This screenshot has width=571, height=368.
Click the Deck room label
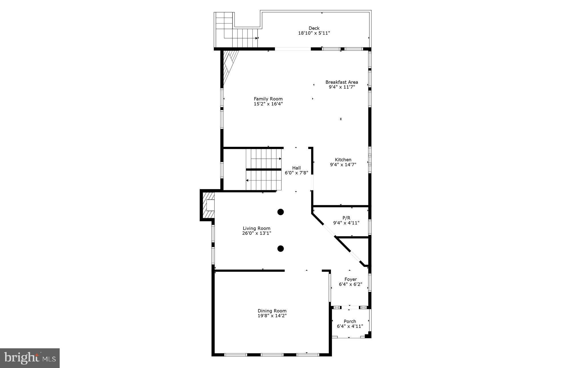314,28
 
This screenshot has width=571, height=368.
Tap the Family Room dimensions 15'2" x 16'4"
268,104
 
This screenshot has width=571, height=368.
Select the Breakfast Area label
341,82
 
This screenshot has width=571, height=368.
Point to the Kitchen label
343,160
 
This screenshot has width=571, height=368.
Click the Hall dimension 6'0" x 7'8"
296,173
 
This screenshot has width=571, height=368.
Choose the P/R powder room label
346,218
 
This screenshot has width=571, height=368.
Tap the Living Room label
256,228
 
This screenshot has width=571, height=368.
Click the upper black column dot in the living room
281,212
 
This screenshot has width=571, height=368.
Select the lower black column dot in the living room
281,249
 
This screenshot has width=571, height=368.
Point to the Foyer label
350,279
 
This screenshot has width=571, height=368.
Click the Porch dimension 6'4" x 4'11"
350,326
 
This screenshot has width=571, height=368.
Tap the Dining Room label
272,311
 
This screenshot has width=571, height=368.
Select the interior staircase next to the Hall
264,170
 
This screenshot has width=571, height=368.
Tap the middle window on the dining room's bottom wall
272,355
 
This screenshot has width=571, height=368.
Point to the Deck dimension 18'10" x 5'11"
314,33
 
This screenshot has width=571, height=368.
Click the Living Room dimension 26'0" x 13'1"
256,233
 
